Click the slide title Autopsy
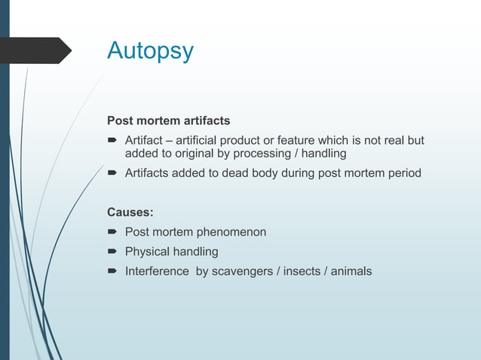(x=150, y=51)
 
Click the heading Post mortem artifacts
(x=168, y=121)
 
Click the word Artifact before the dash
(x=143, y=140)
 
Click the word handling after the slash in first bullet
(x=326, y=154)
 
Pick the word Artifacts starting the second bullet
(x=147, y=174)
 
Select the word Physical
(x=146, y=252)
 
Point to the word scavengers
(x=244, y=270)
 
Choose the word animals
(x=351, y=270)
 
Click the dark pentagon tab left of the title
(x=38, y=50)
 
